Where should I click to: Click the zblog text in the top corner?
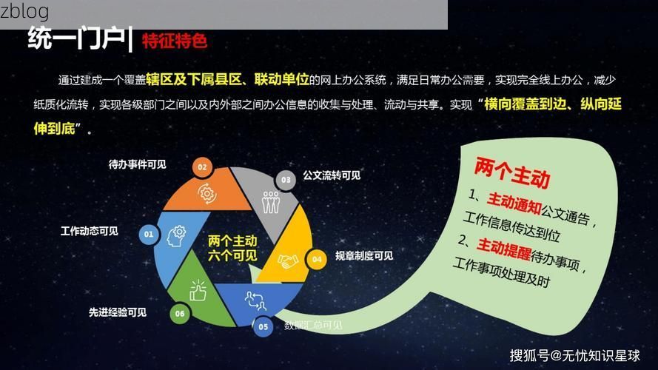pyautogui.click(x=24, y=11)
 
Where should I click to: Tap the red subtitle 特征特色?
pyautogui.click(x=174, y=40)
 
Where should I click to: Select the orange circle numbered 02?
pyautogui.click(x=202, y=167)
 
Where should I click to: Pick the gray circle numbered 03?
pyautogui.click(x=285, y=179)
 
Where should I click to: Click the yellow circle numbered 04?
pyautogui.click(x=316, y=259)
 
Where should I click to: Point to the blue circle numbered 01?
pyautogui.click(x=149, y=235)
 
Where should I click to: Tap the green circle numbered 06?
pyautogui.click(x=179, y=313)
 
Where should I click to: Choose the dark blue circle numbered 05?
pyautogui.click(x=263, y=326)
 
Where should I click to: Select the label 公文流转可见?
pyautogui.click(x=331, y=175)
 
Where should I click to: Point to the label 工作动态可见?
pyautogui.click(x=89, y=231)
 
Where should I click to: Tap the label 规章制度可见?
pyautogui.click(x=363, y=256)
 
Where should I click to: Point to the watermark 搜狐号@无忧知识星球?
pyautogui.click(x=574, y=355)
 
